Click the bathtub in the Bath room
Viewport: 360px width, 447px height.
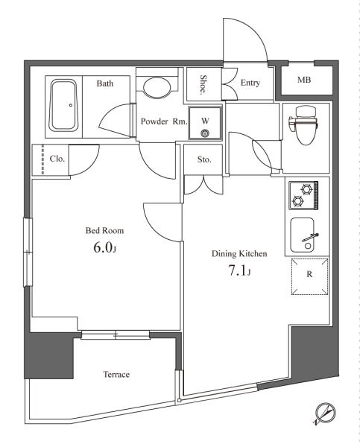[63, 106]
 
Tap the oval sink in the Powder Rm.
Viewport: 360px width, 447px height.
[157, 88]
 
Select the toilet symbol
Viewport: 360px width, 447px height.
[304, 124]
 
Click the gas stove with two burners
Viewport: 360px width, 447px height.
[303, 195]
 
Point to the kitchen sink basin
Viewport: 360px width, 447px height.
[302, 235]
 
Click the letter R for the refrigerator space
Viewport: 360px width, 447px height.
[309, 274]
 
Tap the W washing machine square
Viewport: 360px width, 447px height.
[205, 123]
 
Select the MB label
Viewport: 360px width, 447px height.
[304, 80]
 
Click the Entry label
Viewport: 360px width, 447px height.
[250, 83]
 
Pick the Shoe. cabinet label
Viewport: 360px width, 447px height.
[203, 85]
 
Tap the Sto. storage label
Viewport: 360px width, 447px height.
[204, 159]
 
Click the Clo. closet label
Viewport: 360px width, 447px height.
[57, 159]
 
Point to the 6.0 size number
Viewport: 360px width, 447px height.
[102, 248]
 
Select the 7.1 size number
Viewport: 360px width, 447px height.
[237, 271]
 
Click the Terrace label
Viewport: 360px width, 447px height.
[116, 374]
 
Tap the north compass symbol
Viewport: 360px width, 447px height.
[326, 413]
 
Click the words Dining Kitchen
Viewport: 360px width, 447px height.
[239, 254]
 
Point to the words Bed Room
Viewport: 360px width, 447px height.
[104, 230]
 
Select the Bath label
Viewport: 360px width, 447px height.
[105, 83]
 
